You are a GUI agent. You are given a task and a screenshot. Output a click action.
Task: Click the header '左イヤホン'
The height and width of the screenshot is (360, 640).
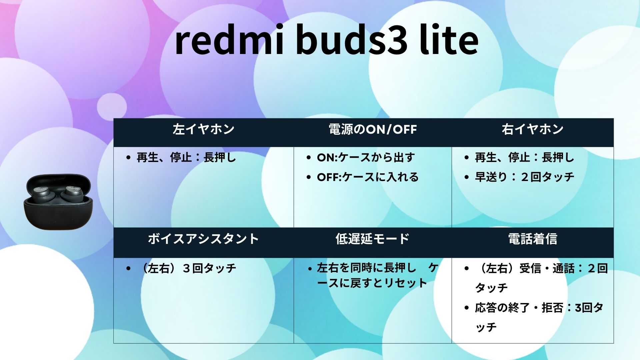(x=203, y=129)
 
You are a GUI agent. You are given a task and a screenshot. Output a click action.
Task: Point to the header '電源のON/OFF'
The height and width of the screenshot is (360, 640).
(x=373, y=129)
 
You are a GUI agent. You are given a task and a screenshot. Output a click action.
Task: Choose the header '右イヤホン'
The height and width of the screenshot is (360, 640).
(x=532, y=129)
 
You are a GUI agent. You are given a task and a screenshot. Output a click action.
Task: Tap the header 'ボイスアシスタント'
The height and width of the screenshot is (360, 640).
(x=203, y=239)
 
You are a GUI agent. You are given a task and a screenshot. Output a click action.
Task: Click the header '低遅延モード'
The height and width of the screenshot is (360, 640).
(x=372, y=239)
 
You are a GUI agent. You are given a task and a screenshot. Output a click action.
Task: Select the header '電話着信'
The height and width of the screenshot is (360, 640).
(x=532, y=239)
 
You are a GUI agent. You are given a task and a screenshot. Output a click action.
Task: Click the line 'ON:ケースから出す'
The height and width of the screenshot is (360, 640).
(x=366, y=157)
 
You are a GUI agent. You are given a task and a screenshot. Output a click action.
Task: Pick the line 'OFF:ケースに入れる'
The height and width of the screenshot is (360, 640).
(x=368, y=177)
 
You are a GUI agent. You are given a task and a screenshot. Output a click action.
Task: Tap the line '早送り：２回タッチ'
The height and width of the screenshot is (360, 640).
(x=524, y=177)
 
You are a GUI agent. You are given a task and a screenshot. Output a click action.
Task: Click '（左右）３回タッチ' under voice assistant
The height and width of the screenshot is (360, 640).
(x=189, y=268)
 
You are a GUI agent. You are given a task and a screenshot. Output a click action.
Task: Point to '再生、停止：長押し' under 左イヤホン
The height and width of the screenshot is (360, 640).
(x=186, y=157)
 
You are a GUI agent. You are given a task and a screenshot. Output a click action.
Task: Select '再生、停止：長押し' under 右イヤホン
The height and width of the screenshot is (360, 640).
(x=524, y=157)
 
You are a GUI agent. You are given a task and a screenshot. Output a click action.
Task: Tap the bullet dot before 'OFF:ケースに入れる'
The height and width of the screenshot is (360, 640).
(x=308, y=177)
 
